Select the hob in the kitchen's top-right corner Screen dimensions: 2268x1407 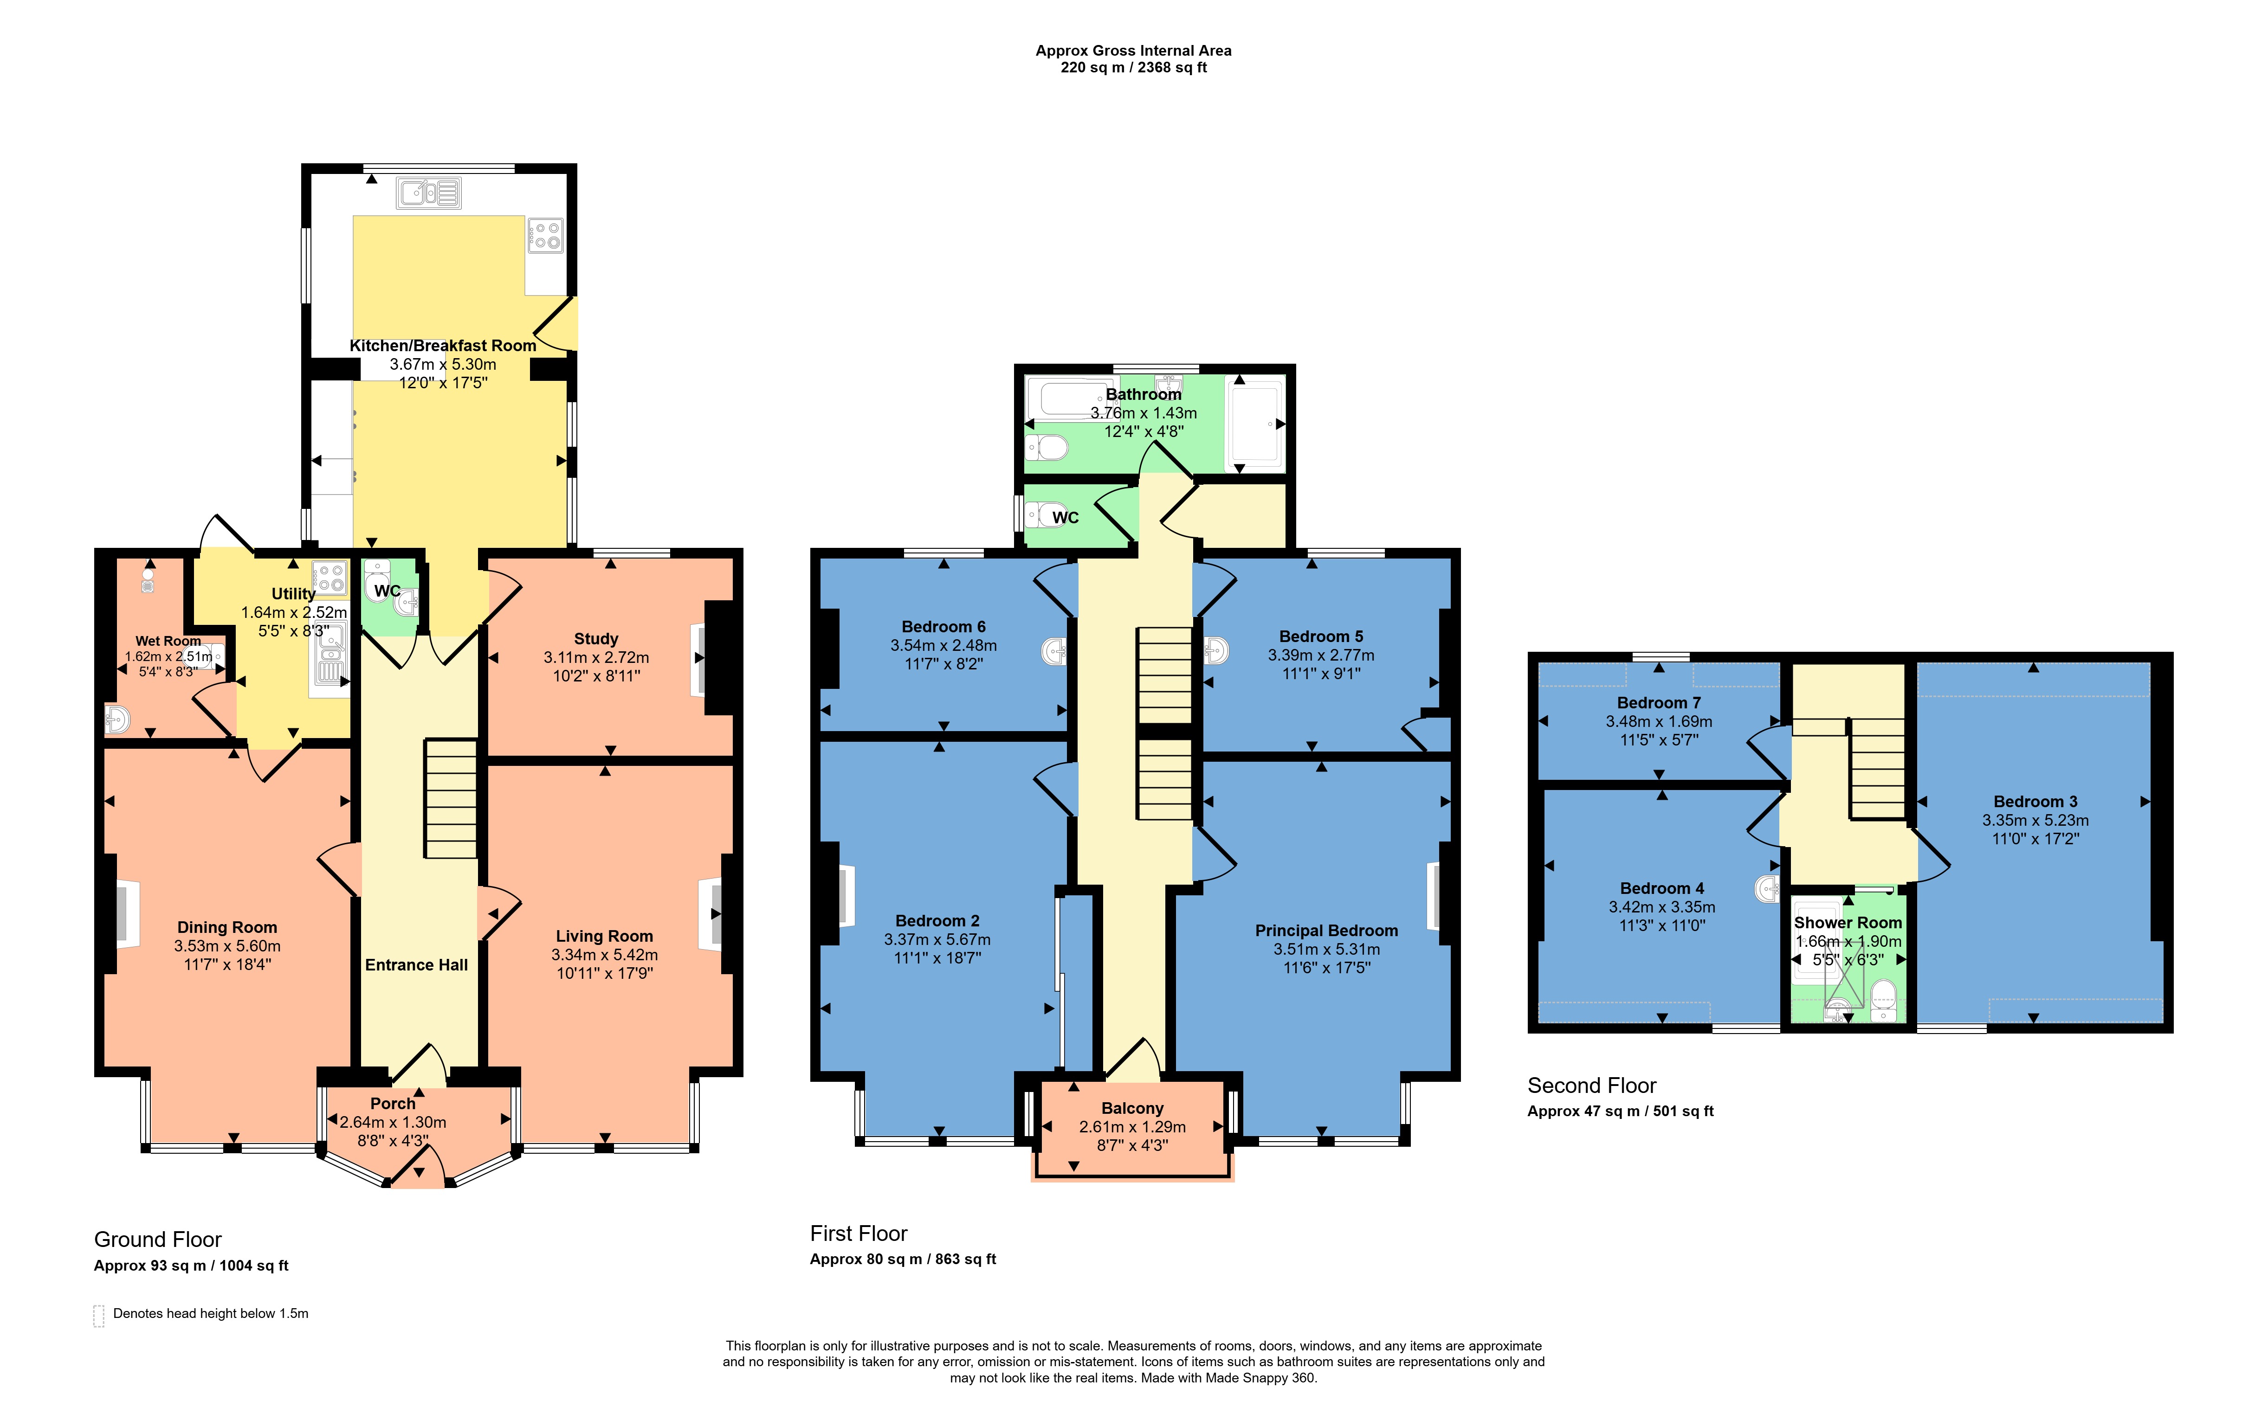click(545, 235)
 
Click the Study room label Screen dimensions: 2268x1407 click(595, 638)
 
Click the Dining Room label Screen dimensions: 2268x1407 click(227, 927)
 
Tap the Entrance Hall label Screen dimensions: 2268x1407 click(416, 965)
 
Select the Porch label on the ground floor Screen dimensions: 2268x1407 click(393, 1104)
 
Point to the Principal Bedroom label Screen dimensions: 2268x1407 click(1326, 931)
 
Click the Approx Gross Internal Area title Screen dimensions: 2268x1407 click(1133, 50)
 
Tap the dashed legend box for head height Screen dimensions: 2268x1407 click(99, 1315)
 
